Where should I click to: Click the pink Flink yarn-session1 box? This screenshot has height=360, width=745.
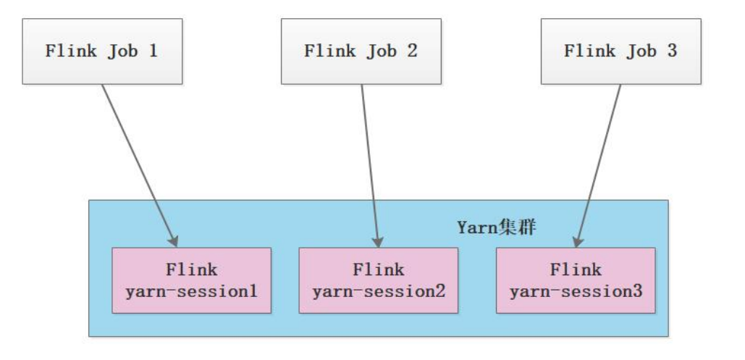(191, 280)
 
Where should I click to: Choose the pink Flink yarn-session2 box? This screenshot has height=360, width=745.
(378, 280)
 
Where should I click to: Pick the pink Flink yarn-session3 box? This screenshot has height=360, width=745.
(576, 280)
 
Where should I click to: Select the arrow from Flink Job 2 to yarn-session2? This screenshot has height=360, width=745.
(369, 163)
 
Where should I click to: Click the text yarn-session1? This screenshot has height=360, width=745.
(191, 292)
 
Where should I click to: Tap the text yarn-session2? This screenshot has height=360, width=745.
(378, 292)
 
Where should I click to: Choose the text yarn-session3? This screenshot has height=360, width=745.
(576, 292)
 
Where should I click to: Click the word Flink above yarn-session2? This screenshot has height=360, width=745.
(378, 270)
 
